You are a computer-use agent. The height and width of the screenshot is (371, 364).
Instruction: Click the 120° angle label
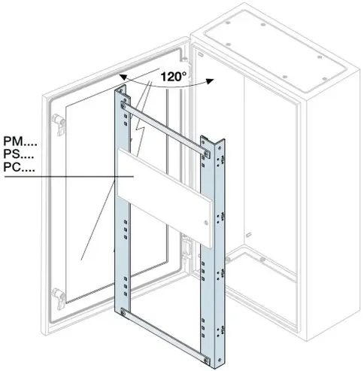[x=174, y=76]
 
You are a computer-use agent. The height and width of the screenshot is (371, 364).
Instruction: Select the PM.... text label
[x=20, y=141]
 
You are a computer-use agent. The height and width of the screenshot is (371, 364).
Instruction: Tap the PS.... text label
[x=19, y=154]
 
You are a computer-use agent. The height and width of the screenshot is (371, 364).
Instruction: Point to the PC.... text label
[x=19, y=167]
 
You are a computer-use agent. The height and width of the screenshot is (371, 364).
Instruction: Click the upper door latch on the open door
[x=59, y=124]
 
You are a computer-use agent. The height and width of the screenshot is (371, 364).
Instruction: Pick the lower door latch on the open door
[x=59, y=299]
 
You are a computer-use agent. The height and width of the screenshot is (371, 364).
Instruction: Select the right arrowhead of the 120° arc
[x=210, y=81]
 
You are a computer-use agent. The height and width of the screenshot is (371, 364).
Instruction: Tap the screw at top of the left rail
[x=123, y=105]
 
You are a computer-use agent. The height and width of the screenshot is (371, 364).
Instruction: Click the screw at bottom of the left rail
[x=123, y=313]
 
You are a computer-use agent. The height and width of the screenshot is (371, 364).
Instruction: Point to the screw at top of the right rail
[x=206, y=154]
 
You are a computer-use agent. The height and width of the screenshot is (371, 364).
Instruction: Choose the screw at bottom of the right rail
[x=206, y=360]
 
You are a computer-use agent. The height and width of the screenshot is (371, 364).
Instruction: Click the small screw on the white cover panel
[x=206, y=222]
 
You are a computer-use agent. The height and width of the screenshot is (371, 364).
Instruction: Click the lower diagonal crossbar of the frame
[x=165, y=336]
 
